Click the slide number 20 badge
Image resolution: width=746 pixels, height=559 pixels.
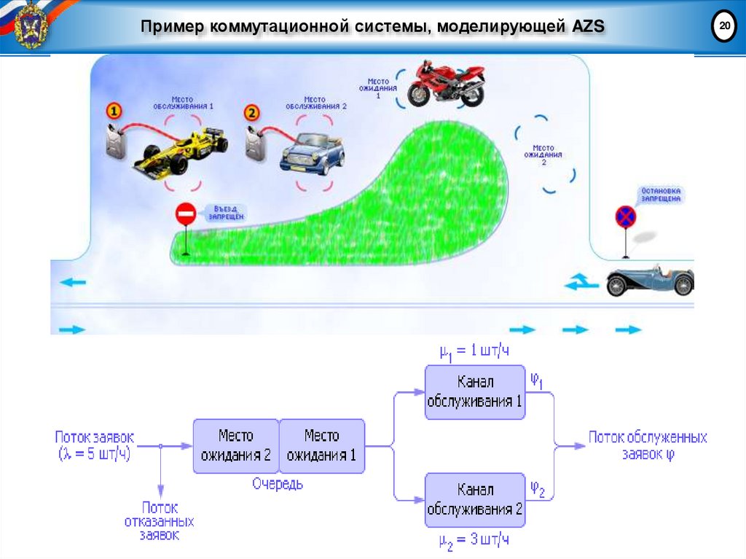coord(723,27)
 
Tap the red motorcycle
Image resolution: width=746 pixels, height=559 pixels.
coord(445,83)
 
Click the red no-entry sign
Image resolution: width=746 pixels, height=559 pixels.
coord(186,214)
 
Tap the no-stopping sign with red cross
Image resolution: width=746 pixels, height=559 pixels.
coord(625,216)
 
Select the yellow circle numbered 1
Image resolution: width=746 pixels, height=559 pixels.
coord(114,111)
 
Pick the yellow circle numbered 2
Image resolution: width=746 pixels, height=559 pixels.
coord(251,113)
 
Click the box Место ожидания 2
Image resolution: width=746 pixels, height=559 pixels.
coord(235,446)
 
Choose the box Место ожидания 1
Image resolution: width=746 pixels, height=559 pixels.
coord(321,446)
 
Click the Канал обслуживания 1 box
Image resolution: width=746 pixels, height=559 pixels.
coord(475,392)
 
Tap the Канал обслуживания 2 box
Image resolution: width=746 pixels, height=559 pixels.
coord(475,499)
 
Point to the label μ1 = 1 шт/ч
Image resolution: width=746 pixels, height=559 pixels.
coord(474,351)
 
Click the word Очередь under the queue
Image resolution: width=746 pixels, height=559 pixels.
coord(278,483)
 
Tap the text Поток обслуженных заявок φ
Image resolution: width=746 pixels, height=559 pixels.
coord(647,445)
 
